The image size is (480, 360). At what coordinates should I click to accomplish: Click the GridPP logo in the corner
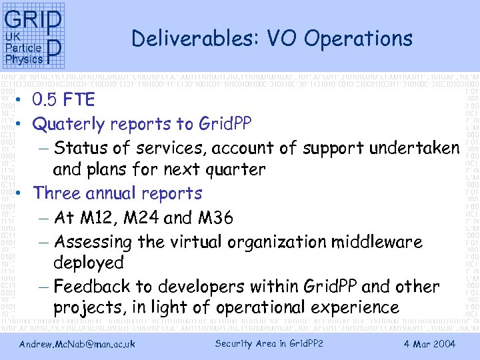pyautogui.click(x=34, y=37)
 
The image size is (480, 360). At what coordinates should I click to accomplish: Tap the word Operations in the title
pyautogui.click(x=359, y=39)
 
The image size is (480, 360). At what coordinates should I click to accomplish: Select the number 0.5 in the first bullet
pyautogui.click(x=45, y=101)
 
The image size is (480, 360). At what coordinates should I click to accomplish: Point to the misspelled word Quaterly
pyautogui.click(x=69, y=124)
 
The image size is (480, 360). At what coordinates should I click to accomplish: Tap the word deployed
pyautogui.click(x=88, y=263)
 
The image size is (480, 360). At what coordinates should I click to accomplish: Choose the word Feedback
pyautogui.click(x=93, y=287)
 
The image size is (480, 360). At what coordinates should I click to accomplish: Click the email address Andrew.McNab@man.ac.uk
pyautogui.click(x=77, y=344)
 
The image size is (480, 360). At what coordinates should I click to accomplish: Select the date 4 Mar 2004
pyautogui.click(x=429, y=344)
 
